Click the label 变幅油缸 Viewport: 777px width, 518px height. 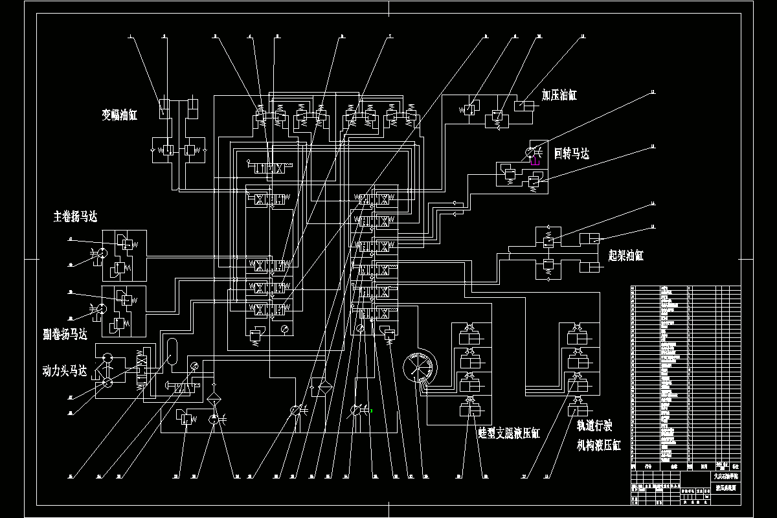tap(120, 115)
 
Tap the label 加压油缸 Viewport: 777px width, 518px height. tap(559, 95)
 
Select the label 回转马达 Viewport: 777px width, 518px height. tap(572, 153)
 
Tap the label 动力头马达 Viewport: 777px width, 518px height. tap(64, 372)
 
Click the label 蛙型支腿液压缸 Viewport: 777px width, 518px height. tap(508, 433)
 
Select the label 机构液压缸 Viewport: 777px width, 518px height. tap(599, 445)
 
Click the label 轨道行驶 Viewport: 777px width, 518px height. tap(594, 427)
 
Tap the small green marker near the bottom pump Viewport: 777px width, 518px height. tap(372, 410)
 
